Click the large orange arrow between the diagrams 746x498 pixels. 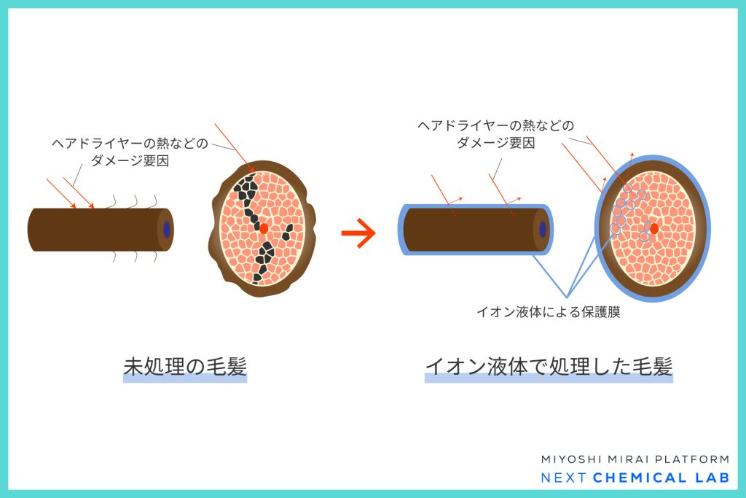358,233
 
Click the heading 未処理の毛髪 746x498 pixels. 185,367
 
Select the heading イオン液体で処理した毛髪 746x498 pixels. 549,367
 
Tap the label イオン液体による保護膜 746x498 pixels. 549,312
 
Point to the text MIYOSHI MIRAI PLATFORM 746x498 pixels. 635,459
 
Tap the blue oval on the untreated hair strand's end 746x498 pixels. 167,229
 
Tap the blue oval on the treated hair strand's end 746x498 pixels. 542,230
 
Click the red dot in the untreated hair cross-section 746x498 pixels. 264,228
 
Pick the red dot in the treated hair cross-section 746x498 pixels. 654,228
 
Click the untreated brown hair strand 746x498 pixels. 101,230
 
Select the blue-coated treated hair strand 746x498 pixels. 476,230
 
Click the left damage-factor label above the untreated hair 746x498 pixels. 130,152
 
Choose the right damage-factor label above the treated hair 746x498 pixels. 496,133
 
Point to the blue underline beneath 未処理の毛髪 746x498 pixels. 185,379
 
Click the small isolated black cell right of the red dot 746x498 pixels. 287,233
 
